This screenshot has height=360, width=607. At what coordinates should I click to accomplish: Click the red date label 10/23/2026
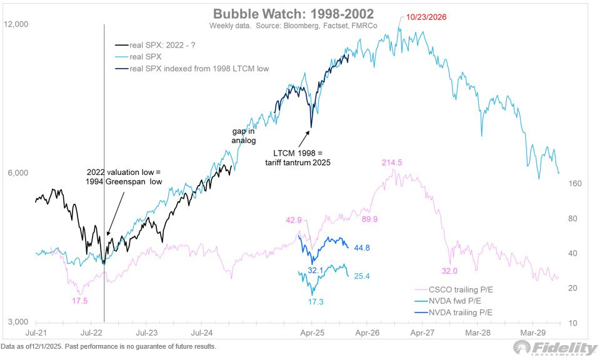[x=429, y=17]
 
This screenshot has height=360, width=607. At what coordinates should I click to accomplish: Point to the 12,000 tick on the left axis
[x=17, y=24]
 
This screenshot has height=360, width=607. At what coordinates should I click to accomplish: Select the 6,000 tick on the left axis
[x=19, y=173]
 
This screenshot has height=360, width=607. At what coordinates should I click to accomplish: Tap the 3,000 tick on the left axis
[x=19, y=322]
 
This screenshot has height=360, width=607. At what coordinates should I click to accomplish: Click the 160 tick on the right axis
[x=575, y=184]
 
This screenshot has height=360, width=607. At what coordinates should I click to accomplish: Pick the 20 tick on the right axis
[x=573, y=288]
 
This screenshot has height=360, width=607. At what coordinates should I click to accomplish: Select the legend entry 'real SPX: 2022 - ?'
[x=164, y=45]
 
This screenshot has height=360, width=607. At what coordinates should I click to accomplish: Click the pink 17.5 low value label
[x=79, y=301]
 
